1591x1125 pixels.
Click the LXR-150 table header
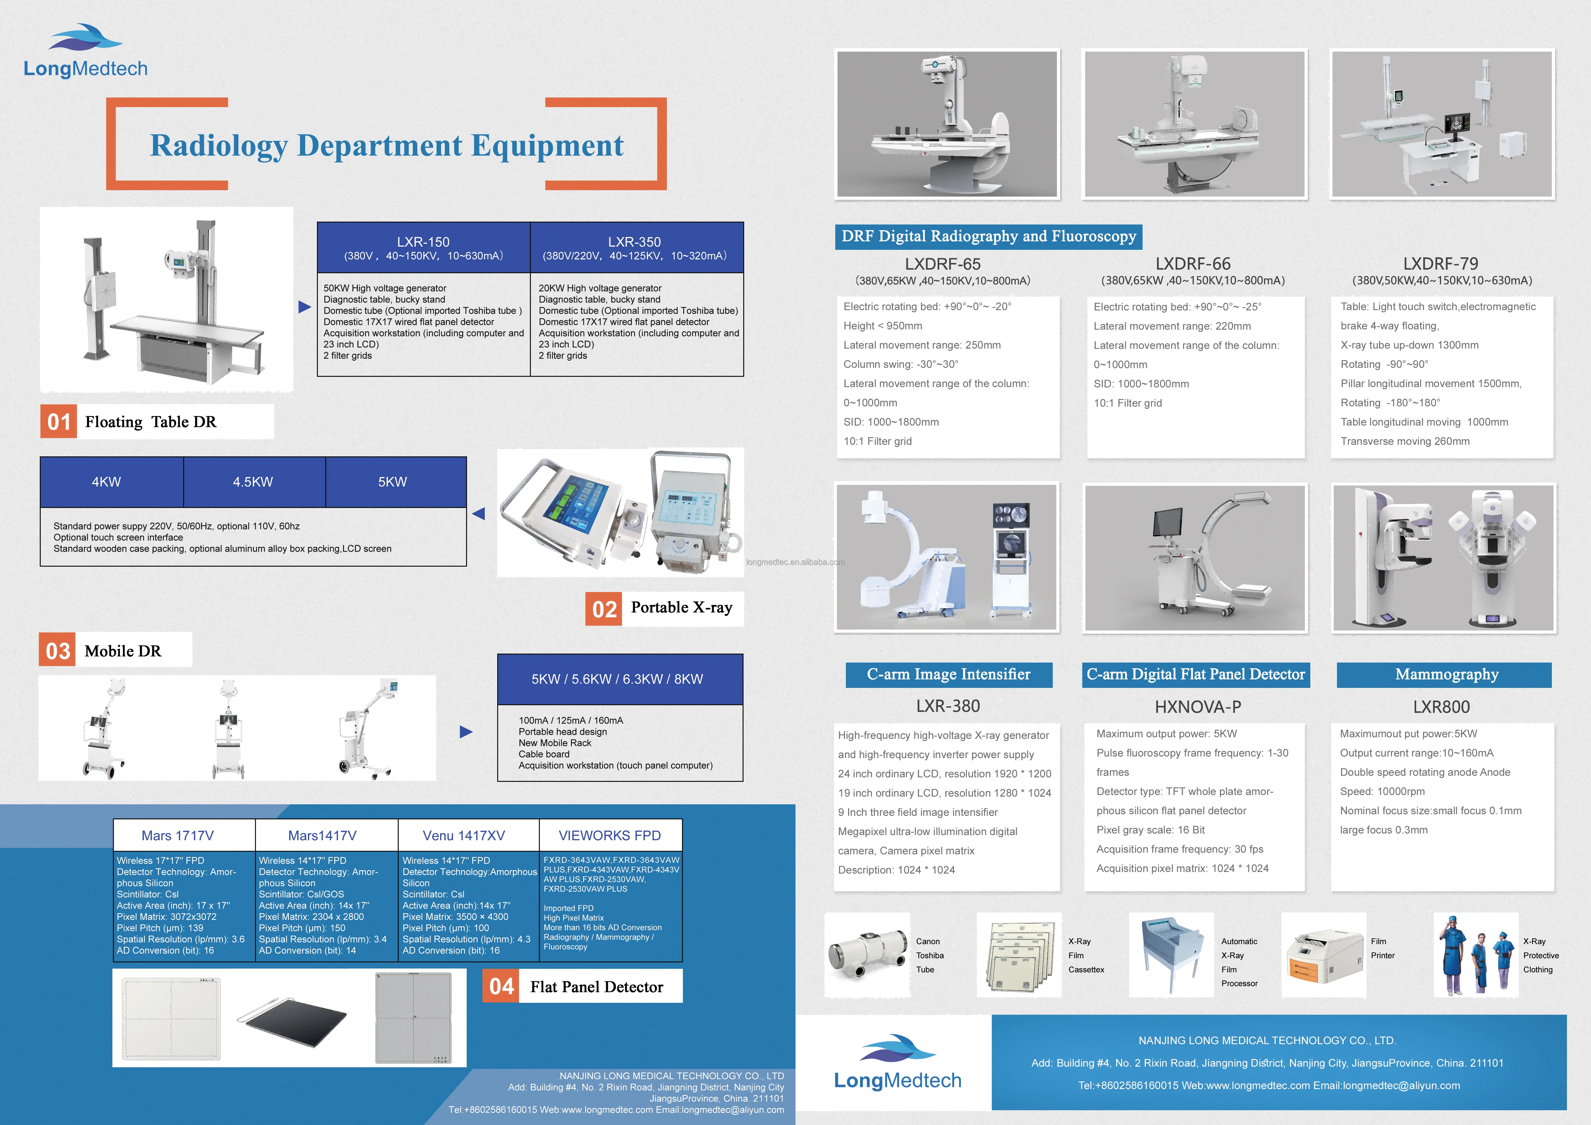point(423,247)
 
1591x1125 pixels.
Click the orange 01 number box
point(59,422)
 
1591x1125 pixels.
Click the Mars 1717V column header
point(178,835)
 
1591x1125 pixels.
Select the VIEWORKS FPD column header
point(610,835)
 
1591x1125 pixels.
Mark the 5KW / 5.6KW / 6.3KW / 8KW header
point(617,679)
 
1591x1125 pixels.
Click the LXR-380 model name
point(948,706)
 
